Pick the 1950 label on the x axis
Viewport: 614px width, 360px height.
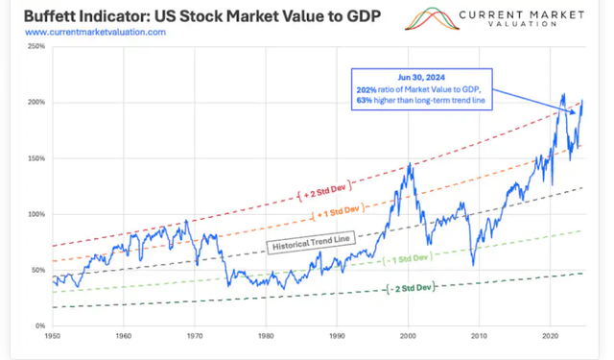pos(52,337)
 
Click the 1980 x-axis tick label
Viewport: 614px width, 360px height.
pos(266,337)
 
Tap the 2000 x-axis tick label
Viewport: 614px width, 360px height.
pos(408,337)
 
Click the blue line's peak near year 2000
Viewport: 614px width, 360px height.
pos(411,164)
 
